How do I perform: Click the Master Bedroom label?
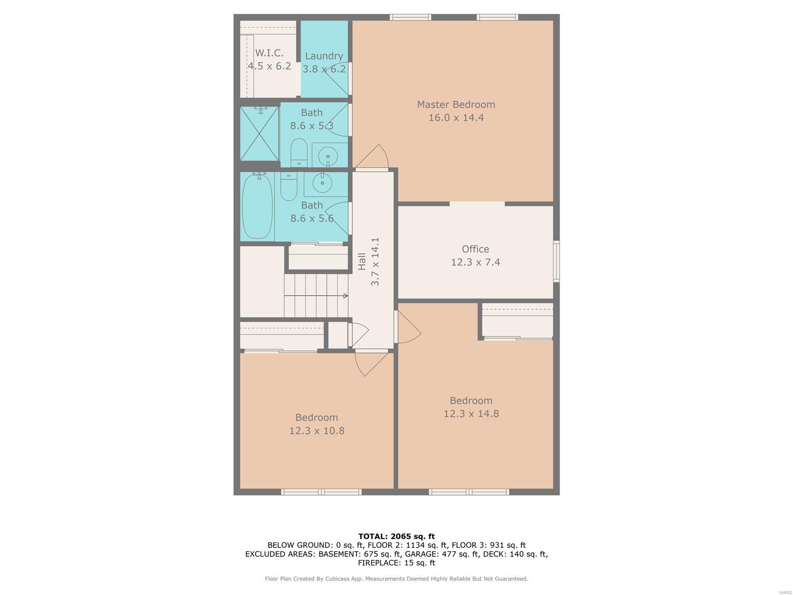click(456, 105)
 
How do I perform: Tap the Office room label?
click(475, 249)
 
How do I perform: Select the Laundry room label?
click(324, 57)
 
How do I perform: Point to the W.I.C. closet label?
click(269, 53)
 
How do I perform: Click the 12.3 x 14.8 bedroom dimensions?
click(471, 414)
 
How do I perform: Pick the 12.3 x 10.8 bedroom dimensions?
click(317, 430)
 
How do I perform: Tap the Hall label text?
click(362, 262)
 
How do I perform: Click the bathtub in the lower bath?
click(257, 206)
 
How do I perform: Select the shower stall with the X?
click(259, 133)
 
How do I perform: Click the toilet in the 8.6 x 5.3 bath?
click(299, 152)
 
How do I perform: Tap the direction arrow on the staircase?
click(316, 296)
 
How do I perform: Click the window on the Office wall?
click(557, 261)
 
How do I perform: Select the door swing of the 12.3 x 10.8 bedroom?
click(372, 363)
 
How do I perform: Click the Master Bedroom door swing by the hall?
click(373, 157)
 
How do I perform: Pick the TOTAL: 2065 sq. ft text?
click(396, 536)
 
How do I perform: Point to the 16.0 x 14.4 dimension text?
click(456, 118)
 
